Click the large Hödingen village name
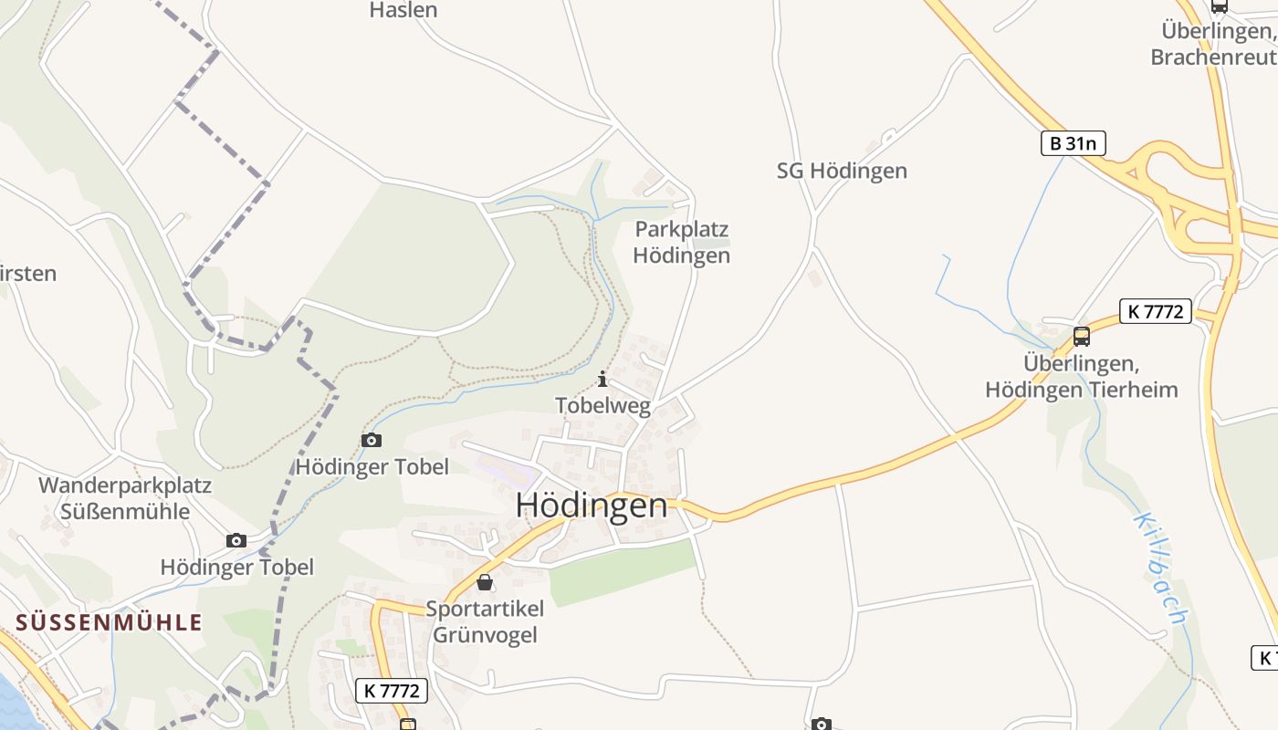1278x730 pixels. point(592,506)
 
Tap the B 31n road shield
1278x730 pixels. point(1074,143)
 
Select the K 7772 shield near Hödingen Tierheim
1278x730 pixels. point(1156,311)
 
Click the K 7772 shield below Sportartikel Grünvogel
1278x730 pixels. point(391,691)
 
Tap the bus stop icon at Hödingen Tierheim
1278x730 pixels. point(1082,336)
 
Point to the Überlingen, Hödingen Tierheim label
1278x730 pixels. point(1082,377)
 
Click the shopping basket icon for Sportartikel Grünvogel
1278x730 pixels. point(485,581)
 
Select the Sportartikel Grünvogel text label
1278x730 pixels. point(485,621)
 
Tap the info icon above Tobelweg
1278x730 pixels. point(602,380)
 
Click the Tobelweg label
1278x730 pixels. point(602,406)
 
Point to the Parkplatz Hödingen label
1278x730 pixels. point(682,242)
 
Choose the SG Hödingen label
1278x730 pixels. point(842,171)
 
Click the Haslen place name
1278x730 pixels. point(403,10)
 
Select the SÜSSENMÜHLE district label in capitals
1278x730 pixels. point(109,622)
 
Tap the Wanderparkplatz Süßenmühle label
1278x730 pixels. point(125,497)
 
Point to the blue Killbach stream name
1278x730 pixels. point(1159,568)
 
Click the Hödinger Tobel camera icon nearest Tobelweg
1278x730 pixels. point(372,441)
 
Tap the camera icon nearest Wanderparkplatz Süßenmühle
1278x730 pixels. point(236,540)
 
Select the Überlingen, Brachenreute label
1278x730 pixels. point(1214,44)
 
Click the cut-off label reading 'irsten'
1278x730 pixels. point(29,274)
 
